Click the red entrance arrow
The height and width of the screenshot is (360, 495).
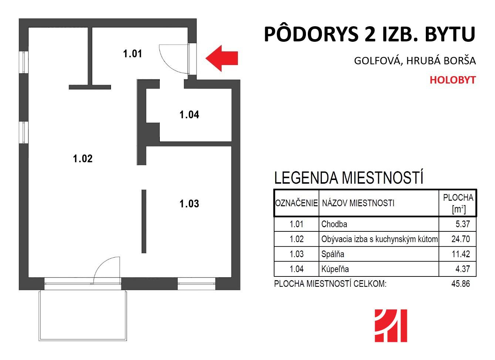[222, 58]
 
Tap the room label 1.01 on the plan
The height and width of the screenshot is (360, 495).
[132, 54]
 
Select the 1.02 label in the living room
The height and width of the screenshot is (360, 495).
[82, 159]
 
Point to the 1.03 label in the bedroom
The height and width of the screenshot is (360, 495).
[189, 204]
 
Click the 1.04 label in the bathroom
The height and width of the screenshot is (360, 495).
[189, 115]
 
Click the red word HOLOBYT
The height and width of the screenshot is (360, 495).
[452, 80]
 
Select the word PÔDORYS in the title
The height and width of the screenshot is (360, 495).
[311, 34]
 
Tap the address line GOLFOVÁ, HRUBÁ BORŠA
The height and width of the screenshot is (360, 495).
[415, 61]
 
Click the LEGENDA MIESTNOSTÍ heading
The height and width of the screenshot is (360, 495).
[348, 178]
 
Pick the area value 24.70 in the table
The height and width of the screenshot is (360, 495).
[461, 239]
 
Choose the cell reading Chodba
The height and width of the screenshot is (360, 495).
[334, 224]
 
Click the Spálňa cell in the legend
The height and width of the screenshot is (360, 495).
[333, 254]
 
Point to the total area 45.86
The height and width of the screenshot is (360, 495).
[461, 284]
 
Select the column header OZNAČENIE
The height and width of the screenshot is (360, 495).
[297, 203]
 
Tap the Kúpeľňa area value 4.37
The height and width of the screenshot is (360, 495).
[462, 269]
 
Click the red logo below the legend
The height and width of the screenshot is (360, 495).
[391, 326]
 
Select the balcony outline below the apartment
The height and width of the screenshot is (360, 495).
[39, 316]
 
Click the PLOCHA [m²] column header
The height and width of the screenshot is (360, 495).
[458, 203]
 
